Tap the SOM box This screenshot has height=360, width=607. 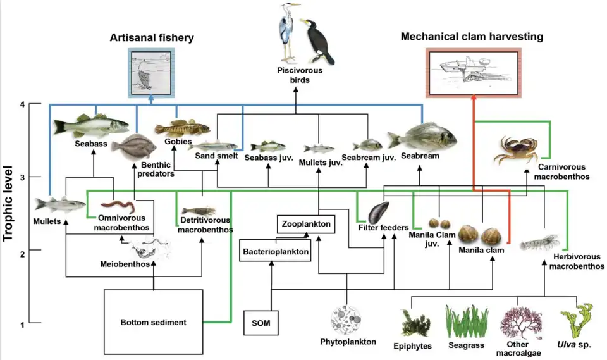coord(260,324)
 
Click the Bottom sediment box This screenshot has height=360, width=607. coord(154,322)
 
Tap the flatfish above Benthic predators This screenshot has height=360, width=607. coord(133,147)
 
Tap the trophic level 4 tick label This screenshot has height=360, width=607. coord(22,104)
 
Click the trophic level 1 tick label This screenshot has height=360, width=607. coord(22,325)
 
